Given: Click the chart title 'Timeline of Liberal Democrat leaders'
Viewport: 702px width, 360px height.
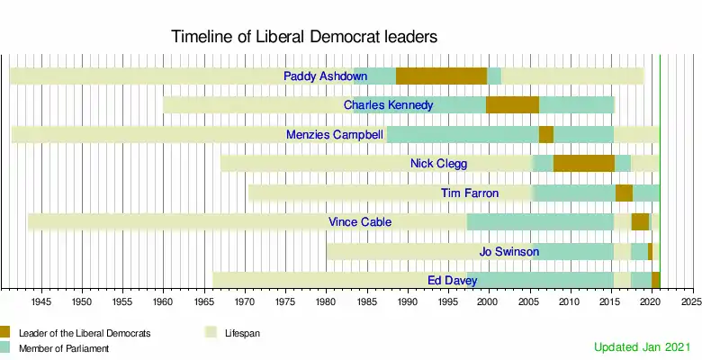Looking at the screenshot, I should pyautogui.click(x=304, y=38).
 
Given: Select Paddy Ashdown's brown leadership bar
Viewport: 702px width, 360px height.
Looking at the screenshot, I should pyautogui.click(x=441, y=76).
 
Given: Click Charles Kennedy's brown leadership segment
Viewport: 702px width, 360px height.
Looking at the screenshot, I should pyautogui.click(x=512, y=104).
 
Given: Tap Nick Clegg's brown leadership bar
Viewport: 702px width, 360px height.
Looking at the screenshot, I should pyautogui.click(x=583, y=163).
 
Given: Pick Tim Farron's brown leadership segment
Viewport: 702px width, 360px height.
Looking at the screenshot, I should pyautogui.click(x=624, y=193).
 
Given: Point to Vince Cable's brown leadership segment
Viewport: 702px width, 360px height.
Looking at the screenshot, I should pyautogui.click(x=640, y=221).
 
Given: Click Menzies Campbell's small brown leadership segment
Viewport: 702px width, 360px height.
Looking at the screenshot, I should pyautogui.click(x=546, y=134).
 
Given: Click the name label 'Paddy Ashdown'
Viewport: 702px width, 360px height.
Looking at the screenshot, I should pyautogui.click(x=325, y=76).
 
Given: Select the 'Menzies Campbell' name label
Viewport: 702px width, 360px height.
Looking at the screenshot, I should pyautogui.click(x=334, y=135).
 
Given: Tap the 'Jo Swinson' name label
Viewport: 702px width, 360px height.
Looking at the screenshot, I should pyautogui.click(x=509, y=251).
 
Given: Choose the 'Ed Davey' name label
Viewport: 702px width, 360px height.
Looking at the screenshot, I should pyautogui.click(x=452, y=280).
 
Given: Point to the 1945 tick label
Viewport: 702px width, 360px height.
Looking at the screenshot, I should pyautogui.click(x=41, y=301).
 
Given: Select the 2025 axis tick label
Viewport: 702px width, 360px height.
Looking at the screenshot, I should pyautogui.click(x=690, y=301).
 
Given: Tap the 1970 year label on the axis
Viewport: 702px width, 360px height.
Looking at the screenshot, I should pyautogui.click(x=245, y=301).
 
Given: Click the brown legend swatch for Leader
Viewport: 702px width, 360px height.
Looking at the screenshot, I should pyautogui.click(x=4, y=332).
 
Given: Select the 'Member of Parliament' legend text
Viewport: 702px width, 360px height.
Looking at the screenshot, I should pyautogui.click(x=63, y=348).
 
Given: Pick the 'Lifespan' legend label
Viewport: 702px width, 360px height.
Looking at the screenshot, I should pyautogui.click(x=241, y=333).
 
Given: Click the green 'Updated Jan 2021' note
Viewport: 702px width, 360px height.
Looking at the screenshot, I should pyautogui.click(x=642, y=346).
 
